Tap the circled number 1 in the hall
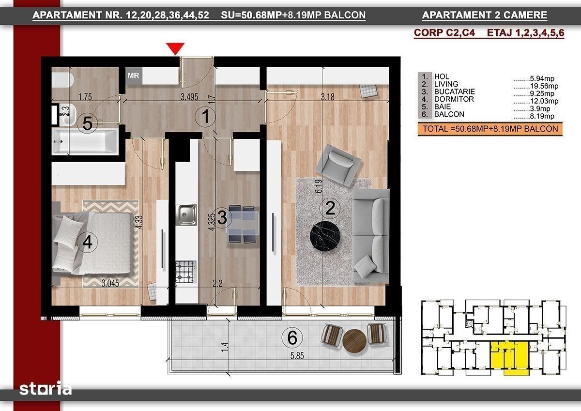tap(205, 117)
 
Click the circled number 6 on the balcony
tap(292, 337)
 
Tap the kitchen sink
tap(186, 215)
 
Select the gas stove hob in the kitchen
tap(186, 272)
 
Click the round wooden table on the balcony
tap(354, 341)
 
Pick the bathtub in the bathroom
tap(85, 141)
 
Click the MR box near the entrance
tap(134, 76)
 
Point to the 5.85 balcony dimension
tap(297, 356)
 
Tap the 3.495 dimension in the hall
tap(189, 97)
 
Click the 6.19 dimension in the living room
tap(319, 186)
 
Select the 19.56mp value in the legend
tap(544, 86)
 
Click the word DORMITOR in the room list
tap(454, 99)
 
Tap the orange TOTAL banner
tap(490, 129)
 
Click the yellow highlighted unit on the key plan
tap(510, 357)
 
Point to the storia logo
tap(46, 388)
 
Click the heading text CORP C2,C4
tap(444, 32)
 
